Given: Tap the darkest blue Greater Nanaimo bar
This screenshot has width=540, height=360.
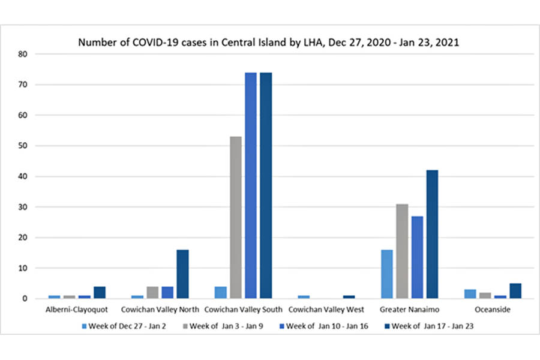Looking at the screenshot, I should point(432,234).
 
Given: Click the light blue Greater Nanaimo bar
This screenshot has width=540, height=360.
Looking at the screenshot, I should point(387,274).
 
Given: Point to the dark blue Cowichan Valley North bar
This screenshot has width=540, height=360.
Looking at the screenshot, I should point(182,274).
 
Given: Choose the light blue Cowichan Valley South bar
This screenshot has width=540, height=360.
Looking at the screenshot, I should point(220,292).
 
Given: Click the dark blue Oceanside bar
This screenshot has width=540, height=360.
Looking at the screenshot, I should point(515,291).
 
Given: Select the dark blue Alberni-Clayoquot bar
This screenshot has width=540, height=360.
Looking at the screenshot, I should point(100,292).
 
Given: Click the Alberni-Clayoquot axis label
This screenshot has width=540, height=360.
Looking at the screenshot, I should point(77,310).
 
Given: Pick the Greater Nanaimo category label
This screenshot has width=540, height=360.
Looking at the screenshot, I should point(409,310).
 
